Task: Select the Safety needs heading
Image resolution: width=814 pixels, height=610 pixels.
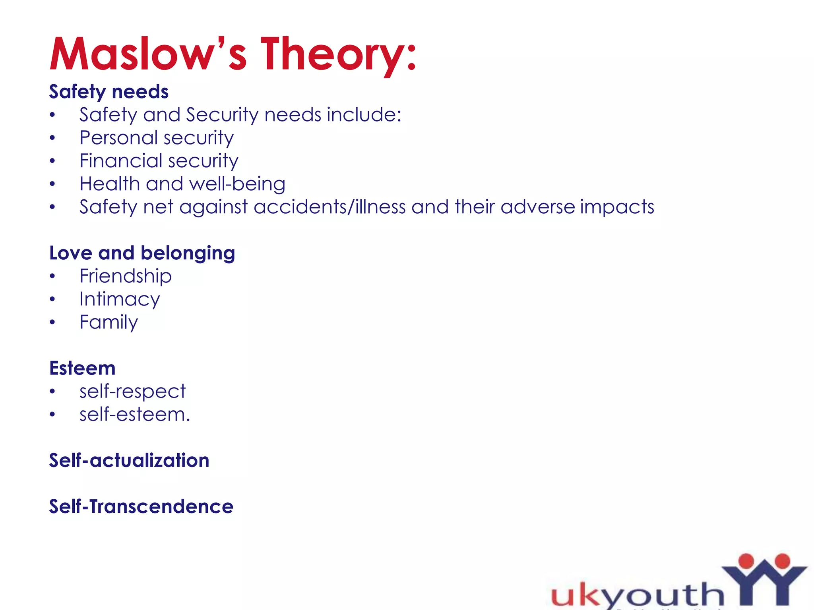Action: [x=109, y=92]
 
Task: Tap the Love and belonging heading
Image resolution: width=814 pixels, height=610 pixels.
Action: [x=142, y=253]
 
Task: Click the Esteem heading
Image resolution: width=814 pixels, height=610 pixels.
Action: [x=82, y=368]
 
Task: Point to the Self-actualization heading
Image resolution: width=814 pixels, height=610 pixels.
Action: [x=129, y=461]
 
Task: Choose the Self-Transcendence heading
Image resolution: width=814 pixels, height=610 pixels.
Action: [x=141, y=507]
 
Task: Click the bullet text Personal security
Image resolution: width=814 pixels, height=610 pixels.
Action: [x=157, y=138]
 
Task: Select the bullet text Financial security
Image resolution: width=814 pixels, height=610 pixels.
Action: [x=159, y=161]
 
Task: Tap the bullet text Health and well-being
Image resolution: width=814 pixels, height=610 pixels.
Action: [x=182, y=184]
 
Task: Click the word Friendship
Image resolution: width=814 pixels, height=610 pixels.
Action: [x=126, y=276]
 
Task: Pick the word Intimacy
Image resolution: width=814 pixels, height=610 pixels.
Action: [x=120, y=299]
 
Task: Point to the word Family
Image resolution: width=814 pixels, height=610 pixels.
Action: [x=109, y=322]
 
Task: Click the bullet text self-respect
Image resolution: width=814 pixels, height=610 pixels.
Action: [x=132, y=392]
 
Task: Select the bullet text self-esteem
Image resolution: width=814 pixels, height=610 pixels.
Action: [x=135, y=415]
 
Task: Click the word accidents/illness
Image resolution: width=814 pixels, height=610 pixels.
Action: [x=329, y=207]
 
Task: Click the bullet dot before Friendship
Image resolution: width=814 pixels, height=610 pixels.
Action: [x=52, y=276]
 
